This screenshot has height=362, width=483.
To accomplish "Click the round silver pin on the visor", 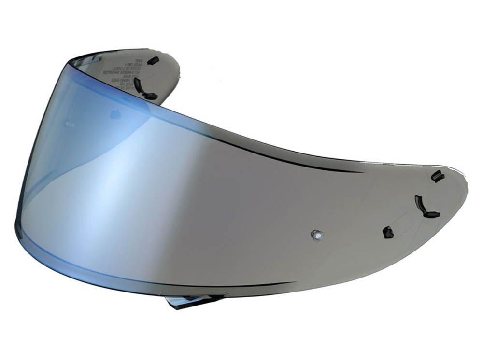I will click(x=316, y=235).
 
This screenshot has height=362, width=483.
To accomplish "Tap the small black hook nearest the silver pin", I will click(x=387, y=232).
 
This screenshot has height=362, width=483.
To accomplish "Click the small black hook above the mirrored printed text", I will click(x=153, y=60).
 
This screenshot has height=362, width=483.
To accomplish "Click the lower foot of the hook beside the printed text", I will click(x=150, y=97).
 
